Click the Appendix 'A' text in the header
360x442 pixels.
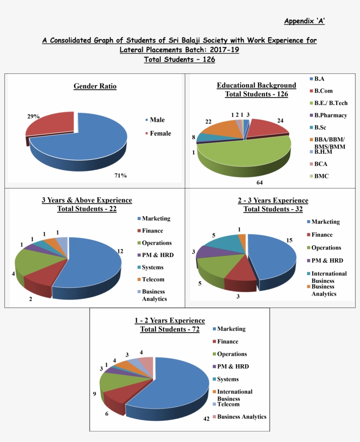304,21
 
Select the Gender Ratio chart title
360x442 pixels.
95,86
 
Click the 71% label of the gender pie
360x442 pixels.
120,176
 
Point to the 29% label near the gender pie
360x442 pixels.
33,116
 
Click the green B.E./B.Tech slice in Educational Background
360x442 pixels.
246,152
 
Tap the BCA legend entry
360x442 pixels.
320,164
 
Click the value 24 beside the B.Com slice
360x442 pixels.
280,120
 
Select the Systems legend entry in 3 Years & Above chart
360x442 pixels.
152,267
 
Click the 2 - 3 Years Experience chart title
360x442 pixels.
273,201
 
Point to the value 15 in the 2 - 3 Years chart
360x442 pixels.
289,240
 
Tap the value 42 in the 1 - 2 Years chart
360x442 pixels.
206,419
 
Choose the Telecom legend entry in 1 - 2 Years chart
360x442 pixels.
228,404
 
